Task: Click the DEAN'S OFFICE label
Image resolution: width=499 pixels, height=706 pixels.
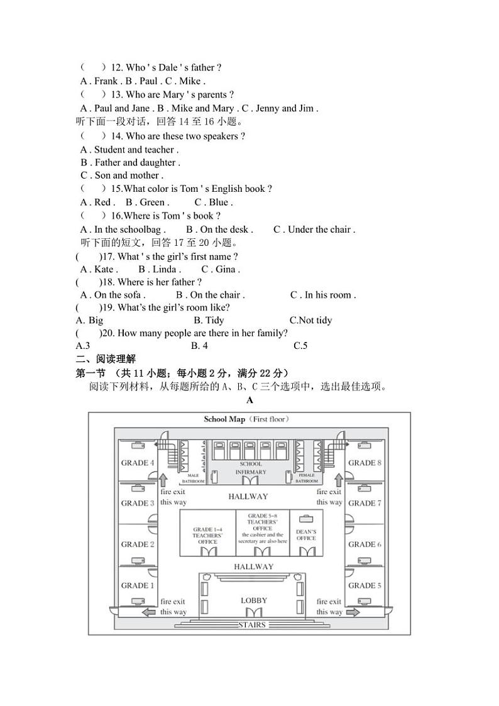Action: pos(307,534)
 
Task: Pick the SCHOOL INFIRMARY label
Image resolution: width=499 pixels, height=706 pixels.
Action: pos(251,468)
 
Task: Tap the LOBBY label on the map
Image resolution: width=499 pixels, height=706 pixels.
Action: pos(254,600)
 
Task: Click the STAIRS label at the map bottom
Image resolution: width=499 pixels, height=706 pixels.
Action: pos(252,625)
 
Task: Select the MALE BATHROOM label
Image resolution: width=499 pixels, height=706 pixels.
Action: pos(193,478)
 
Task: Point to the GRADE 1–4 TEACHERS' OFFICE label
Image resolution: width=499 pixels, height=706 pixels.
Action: pos(207,535)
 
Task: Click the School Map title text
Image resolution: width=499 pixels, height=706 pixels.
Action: pos(246,419)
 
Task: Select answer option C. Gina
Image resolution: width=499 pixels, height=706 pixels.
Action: pos(221,269)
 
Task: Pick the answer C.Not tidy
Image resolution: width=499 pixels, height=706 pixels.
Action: pos(310,320)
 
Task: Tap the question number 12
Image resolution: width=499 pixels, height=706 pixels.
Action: pos(116,67)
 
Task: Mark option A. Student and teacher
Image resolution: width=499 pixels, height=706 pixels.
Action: pos(129,150)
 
